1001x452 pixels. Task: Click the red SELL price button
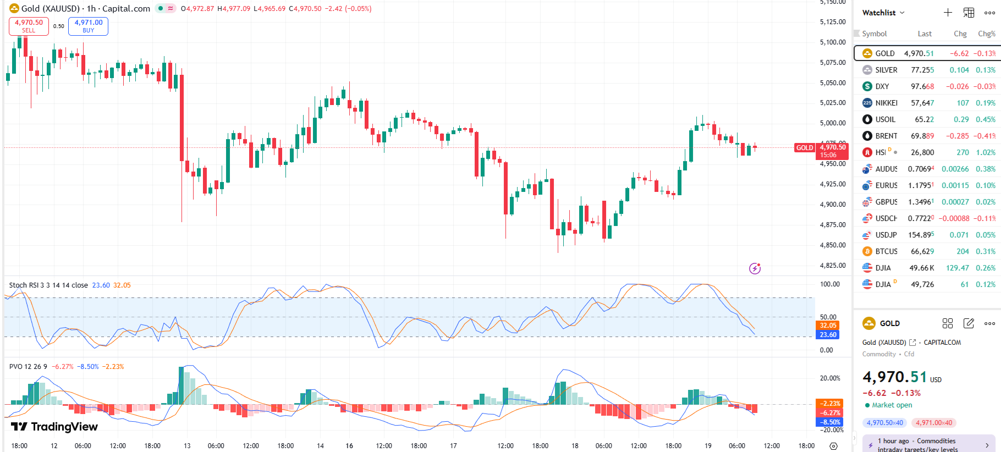click(29, 26)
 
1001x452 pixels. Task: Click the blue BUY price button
click(88, 26)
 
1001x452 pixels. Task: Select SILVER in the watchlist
click(886, 70)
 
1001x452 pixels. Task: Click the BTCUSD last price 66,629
click(922, 251)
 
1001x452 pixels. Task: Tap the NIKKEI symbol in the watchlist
click(886, 103)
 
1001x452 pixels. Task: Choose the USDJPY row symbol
click(886, 235)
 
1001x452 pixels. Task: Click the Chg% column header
click(986, 34)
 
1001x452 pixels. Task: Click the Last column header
click(925, 34)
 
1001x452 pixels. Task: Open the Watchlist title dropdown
click(883, 13)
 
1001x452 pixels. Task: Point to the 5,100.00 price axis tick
click(833, 42)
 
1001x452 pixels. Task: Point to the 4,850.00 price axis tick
click(833, 245)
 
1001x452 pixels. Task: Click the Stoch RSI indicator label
click(48, 285)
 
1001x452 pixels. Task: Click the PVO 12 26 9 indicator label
click(28, 367)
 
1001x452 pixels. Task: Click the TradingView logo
click(54, 427)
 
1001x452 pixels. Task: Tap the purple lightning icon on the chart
click(755, 268)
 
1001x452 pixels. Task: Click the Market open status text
click(892, 405)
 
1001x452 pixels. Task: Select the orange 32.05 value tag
click(828, 326)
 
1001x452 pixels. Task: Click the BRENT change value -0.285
click(957, 136)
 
